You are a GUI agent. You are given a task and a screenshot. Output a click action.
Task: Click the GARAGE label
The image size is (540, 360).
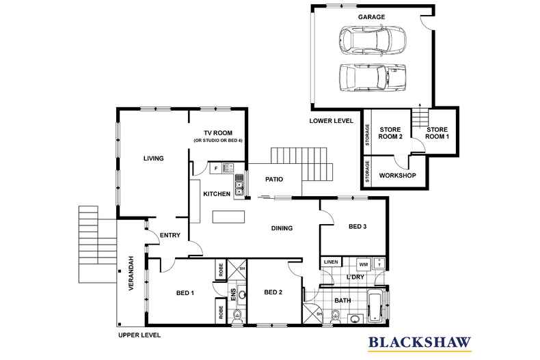[371, 16]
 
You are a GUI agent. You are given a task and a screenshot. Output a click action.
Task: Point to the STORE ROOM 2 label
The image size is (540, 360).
[391, 133]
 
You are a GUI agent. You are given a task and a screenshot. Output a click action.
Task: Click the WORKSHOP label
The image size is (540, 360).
[397, 176]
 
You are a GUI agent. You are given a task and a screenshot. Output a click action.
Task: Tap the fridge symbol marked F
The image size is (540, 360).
[215, 168]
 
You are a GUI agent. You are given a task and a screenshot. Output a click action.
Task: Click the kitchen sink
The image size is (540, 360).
[239, 184]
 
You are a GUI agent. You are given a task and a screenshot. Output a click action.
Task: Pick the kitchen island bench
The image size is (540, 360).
[229, 217]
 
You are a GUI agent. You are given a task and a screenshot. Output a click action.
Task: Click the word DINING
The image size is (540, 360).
[282, 228]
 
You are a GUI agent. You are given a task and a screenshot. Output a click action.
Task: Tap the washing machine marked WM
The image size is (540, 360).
[363, 263]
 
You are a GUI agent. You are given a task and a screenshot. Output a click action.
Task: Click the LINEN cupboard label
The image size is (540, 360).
[331, 262]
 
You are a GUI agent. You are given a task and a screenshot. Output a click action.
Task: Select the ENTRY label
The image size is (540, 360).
[169, 236]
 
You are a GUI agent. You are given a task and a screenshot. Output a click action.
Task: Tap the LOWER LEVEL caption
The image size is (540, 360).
[331, 120]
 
